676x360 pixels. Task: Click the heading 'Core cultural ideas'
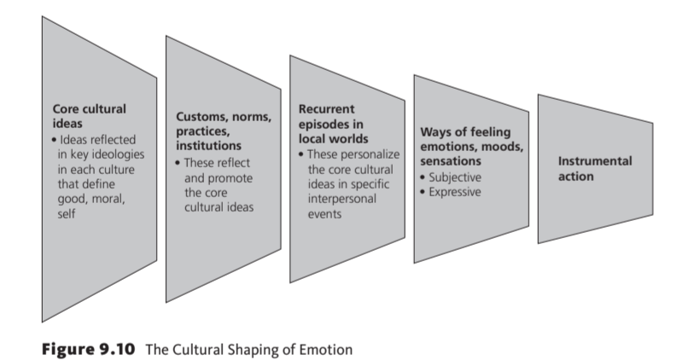(x=90, y=117)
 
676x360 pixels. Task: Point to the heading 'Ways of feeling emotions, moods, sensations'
(x=466, y=146)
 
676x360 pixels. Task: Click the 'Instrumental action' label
(x=595, y=169)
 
